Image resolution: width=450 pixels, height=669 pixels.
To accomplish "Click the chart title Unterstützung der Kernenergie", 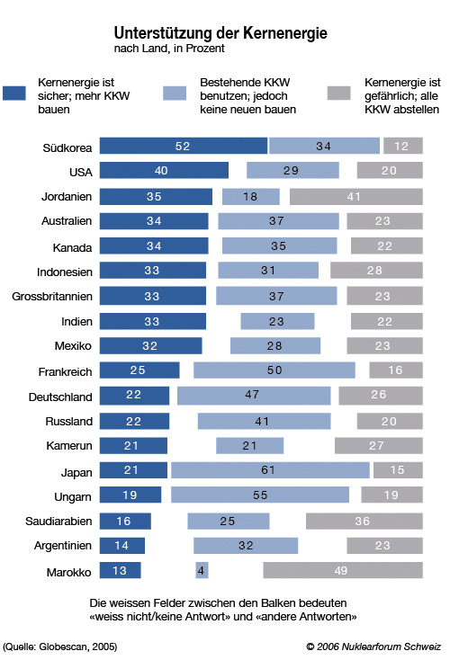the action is tap(220, 33).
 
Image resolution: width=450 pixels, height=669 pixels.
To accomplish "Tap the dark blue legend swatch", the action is tap(14, 93).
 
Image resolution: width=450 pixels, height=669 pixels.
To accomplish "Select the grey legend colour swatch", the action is tap(339, 93).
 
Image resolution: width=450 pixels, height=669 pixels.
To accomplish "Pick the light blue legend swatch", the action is tap(175, 93).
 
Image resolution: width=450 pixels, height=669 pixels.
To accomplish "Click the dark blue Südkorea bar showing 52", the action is tap(184, 146).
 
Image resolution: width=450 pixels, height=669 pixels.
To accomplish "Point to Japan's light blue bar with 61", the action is tap(270, 470).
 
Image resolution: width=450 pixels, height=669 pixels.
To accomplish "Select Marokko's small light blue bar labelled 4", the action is tap(202, 570).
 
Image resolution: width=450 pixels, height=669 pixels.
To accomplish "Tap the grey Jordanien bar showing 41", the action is tap(356, 197).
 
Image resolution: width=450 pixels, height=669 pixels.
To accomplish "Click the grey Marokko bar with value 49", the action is tap(343, 570).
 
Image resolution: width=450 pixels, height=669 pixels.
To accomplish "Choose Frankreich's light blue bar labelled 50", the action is tap(274, 370).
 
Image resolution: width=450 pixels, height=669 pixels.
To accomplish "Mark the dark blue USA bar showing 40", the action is tap(164, 170).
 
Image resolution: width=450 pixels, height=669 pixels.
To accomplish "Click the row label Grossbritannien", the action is tap(52, 297).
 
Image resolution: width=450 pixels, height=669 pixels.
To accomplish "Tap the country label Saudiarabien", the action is tap(58, 522).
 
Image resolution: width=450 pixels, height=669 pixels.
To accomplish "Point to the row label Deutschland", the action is tap(60, 397).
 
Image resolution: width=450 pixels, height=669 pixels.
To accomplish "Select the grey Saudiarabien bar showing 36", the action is tap(364, 521).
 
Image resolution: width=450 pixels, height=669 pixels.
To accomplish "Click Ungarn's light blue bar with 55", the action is tap(260, 495).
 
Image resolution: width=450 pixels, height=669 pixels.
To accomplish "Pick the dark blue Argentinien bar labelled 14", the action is tap(122, 545).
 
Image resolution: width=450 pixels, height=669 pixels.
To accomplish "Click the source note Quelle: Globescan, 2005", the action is tap(59, 647).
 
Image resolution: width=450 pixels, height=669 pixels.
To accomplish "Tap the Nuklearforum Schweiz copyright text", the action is tap(373, 647).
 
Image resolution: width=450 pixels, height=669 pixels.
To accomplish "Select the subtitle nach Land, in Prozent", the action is tap(169, 49).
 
